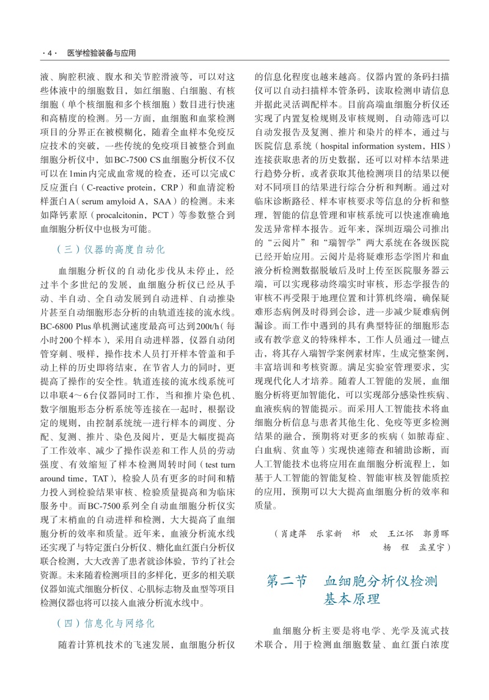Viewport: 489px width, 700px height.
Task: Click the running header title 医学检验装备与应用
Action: [x=101, y=54]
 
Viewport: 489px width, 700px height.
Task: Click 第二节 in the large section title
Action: [x=287, y=581]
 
